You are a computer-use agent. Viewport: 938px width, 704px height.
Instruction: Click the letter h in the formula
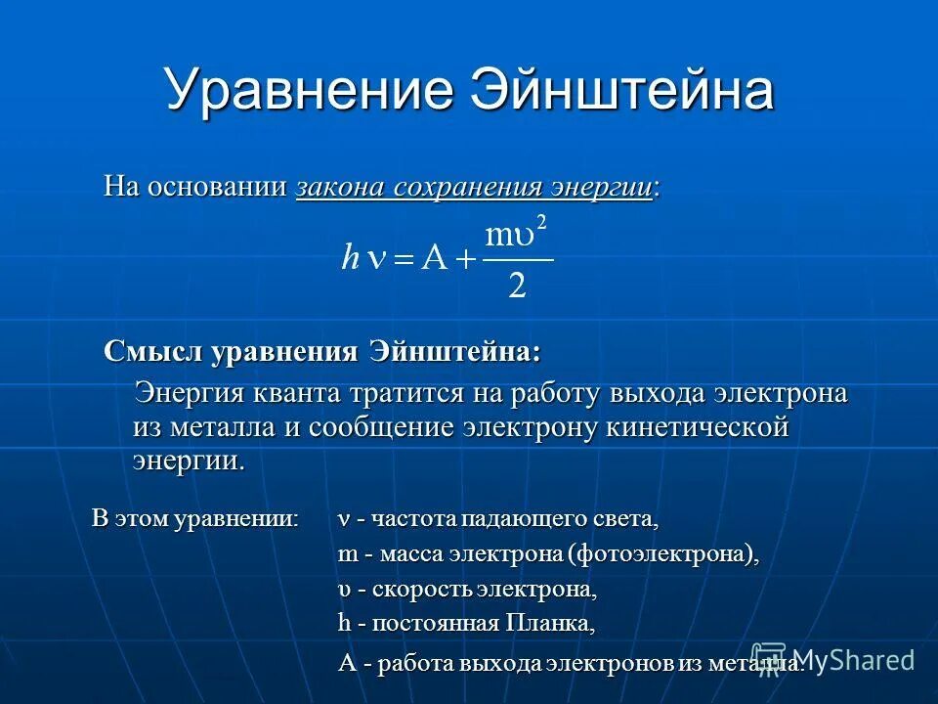coord(350,258)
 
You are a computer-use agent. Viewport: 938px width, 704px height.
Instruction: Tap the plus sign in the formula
coord(465,260)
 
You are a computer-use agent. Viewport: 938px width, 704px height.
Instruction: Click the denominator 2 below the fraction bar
coord(517,286)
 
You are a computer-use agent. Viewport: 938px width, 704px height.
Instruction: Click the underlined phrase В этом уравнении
coord(195,517)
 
